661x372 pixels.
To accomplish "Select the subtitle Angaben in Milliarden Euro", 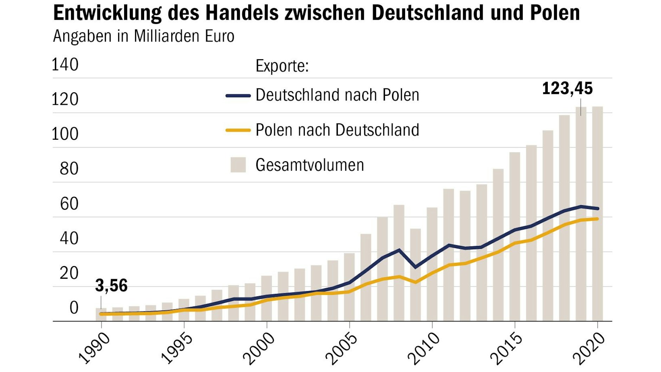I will click(143, 36).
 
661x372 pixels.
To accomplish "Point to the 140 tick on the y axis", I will click(65, 65).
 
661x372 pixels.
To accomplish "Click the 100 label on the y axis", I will click(65, 134).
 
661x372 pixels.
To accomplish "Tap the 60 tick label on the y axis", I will click(69, 204).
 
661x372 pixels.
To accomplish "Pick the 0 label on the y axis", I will click(74, 308).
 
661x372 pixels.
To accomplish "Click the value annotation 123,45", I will click(567, 88).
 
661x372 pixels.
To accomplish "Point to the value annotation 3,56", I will click(111, 285).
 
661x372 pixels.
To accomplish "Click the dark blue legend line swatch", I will click(238, 95).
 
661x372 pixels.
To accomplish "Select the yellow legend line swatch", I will click(238, 130).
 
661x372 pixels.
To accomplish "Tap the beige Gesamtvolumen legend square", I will click(238, 165).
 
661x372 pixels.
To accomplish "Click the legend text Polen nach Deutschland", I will click(337, 130).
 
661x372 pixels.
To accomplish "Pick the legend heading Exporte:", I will click(282, 66).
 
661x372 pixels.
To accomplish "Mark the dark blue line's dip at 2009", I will click(416, 267).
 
